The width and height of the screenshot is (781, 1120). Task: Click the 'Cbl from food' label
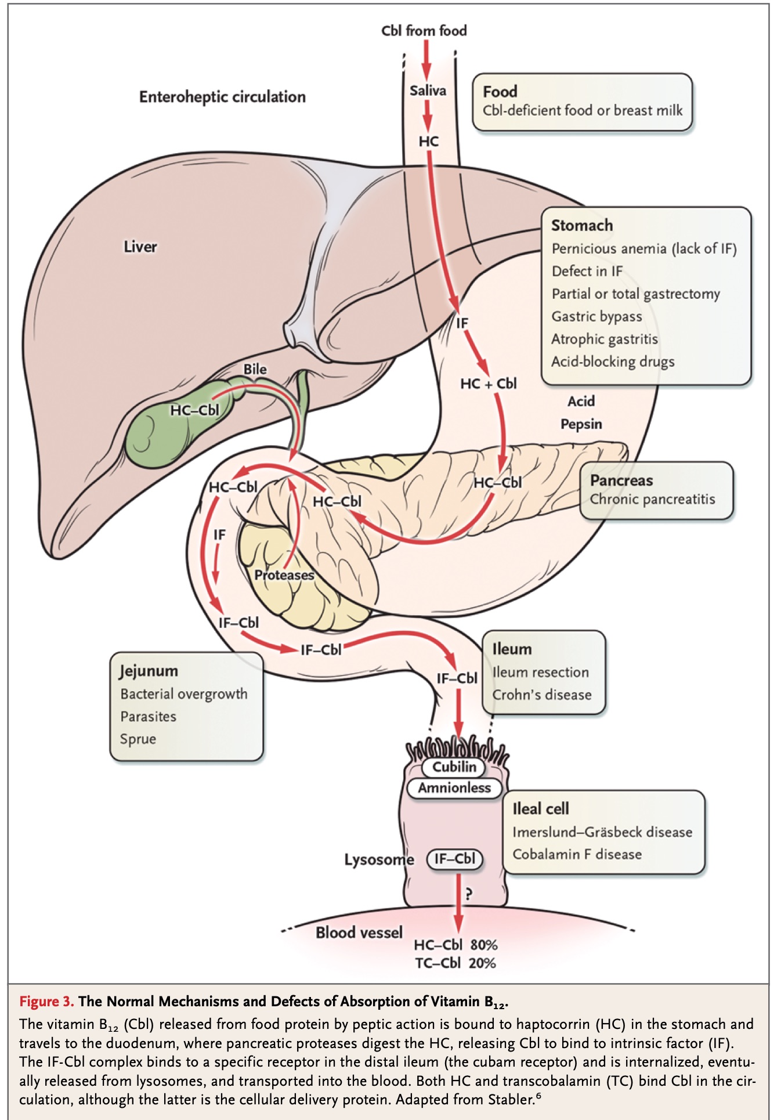pos(424,31)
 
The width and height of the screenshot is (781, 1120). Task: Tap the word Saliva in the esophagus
pos(428,91)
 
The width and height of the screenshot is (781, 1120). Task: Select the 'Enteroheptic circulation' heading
pos(222,97)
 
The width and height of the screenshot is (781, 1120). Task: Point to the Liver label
pos(140,247)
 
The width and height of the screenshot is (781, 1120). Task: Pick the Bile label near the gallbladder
pos(255,369)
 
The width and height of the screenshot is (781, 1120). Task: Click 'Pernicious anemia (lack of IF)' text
pos(644,249)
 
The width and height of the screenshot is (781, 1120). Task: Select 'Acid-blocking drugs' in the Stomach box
pos(613,362)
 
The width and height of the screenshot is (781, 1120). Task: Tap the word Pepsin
pos(581,424)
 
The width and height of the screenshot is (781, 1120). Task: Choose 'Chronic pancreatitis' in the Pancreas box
pos(653,499)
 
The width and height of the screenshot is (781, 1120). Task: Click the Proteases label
pos(284,575)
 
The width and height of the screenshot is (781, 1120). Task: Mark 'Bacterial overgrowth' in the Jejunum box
pos(184,694)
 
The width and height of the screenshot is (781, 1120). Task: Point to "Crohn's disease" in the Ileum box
pos(542,695)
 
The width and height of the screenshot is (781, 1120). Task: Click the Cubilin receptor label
pos(454,767)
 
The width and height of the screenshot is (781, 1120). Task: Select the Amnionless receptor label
pos(454,787)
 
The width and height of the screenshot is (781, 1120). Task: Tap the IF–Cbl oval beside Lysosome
pos(455,859)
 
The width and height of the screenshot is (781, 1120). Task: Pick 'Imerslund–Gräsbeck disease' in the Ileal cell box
pos(602,832)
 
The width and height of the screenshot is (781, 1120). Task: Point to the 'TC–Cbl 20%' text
pos(455,963)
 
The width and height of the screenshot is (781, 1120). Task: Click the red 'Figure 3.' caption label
pos(46,1002)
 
